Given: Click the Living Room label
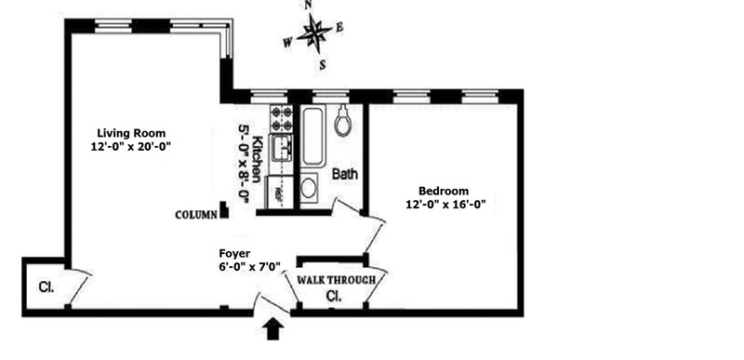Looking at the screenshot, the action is point(131,133).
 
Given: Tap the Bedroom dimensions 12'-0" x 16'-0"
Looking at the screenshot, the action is point(446,205).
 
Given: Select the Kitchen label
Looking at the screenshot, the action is point(258,159).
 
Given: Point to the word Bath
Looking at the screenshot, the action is point(345,174).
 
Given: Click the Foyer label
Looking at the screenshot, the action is point(234,253).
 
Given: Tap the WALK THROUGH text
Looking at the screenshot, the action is point(336,280).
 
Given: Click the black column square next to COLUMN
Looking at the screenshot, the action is point(224,210).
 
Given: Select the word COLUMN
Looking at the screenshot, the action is point(196,215).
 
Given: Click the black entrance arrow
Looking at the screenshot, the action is point(273,328).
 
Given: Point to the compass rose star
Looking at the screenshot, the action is point(314,33).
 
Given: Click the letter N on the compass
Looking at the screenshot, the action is point(309,6).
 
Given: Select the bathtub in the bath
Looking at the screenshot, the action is point(313,136).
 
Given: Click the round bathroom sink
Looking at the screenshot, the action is point(309,188).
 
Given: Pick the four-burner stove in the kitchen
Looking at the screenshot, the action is point(281,118).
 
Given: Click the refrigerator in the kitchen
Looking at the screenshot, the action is point(280,193).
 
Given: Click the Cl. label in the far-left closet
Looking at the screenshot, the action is point(46,287).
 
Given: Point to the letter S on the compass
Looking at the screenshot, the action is point(323,66).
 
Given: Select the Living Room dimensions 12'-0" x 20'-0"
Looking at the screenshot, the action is point(131,147).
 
